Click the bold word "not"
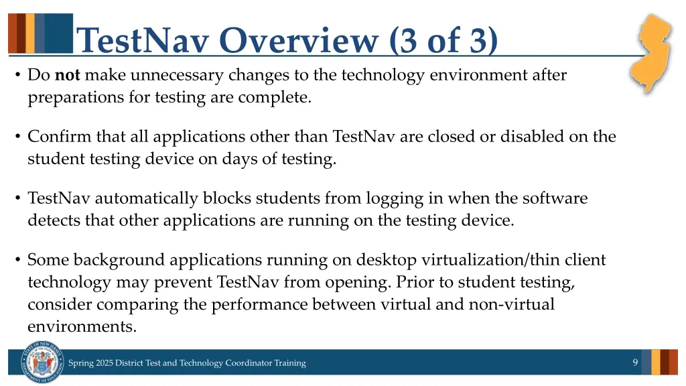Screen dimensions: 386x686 [68, 75]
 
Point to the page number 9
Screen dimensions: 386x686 [635, 363]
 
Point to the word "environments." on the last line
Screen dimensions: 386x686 [82, 326]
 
